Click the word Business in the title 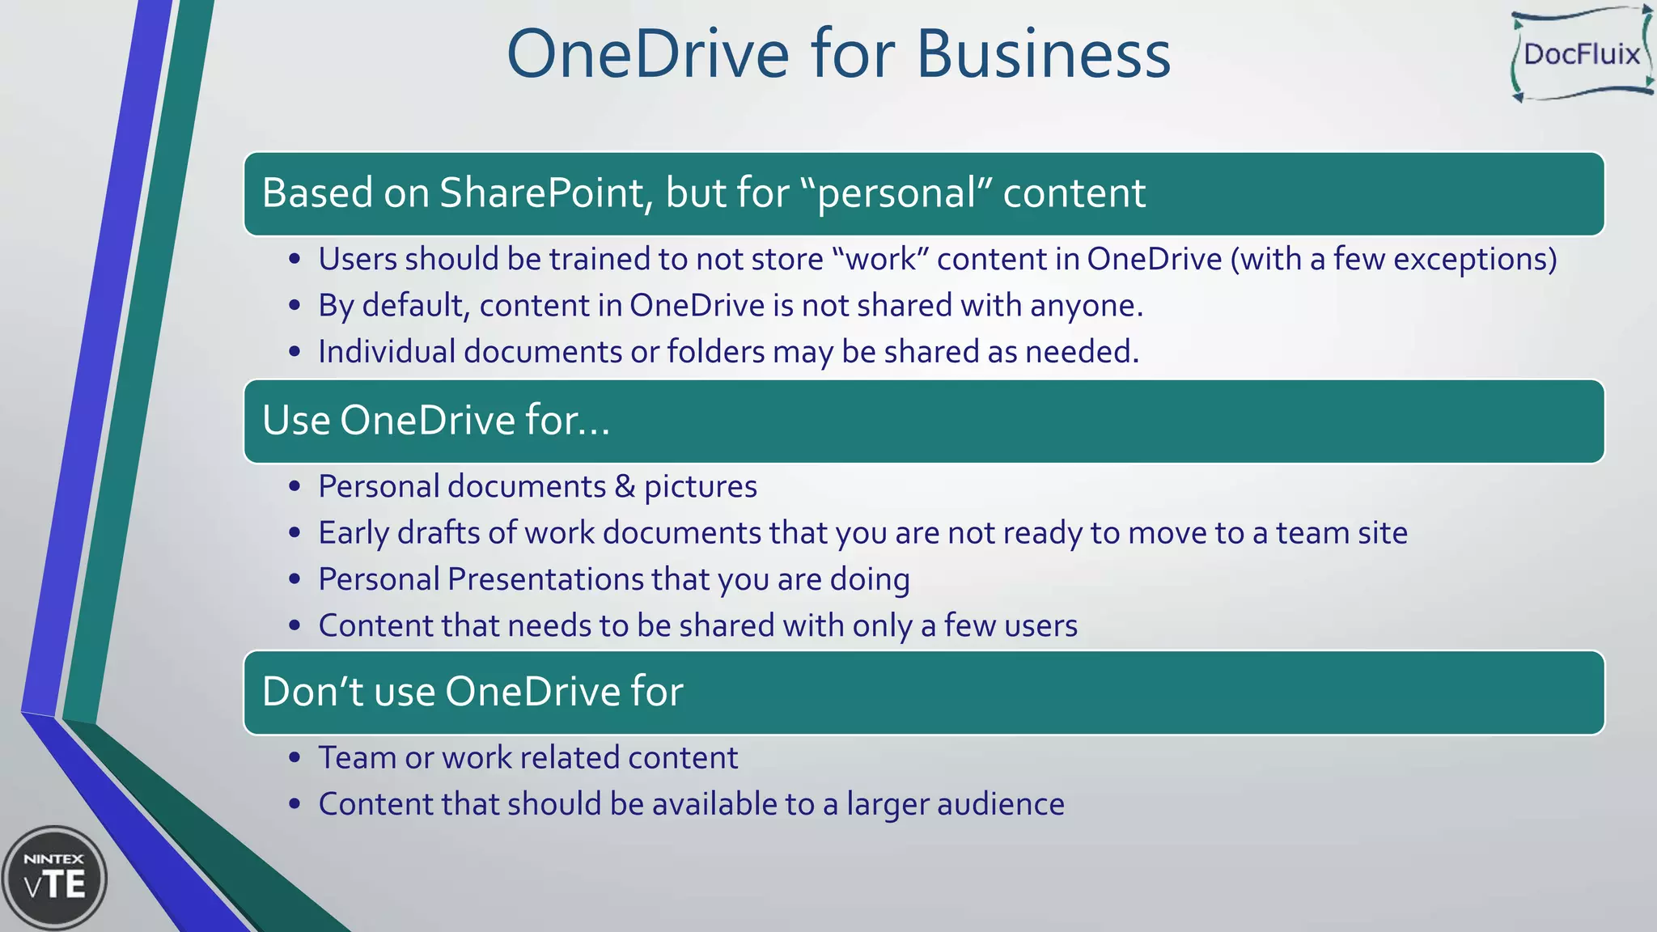point(1043,54)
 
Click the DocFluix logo point(1581,54)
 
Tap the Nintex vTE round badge point(54,878)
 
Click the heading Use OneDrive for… point(436,421)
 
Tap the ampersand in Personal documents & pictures point(625,487)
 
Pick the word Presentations point(545,579)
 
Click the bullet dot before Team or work point(295,758)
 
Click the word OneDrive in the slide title point(647,54)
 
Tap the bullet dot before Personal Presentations point(295,579)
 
